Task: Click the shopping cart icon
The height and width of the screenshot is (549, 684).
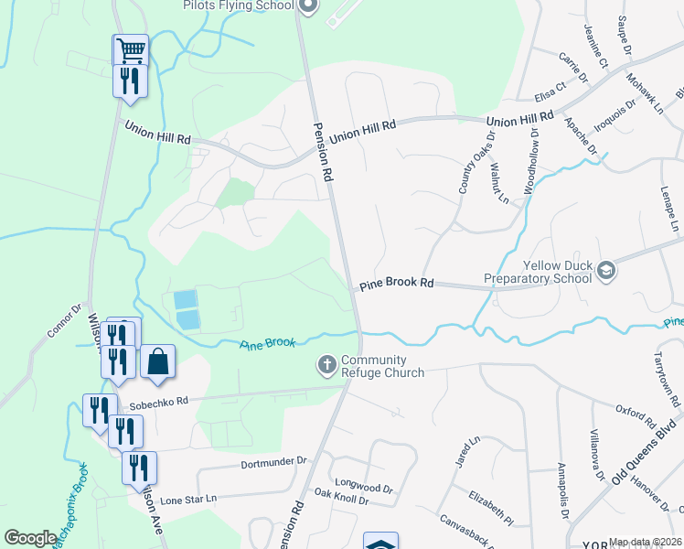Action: (131, 49)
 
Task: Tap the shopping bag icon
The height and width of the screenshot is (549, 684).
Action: (157, 361)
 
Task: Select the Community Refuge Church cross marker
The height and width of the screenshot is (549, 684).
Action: (326, 366)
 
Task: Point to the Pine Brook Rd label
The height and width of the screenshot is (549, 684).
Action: (396, 284)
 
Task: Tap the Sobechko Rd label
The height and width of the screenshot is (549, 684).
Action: (158, 401)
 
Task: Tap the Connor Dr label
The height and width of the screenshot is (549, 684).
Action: (66, 319)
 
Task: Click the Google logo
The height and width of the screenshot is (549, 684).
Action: (30, 538)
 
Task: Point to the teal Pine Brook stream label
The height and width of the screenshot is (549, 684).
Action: (268, 344)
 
